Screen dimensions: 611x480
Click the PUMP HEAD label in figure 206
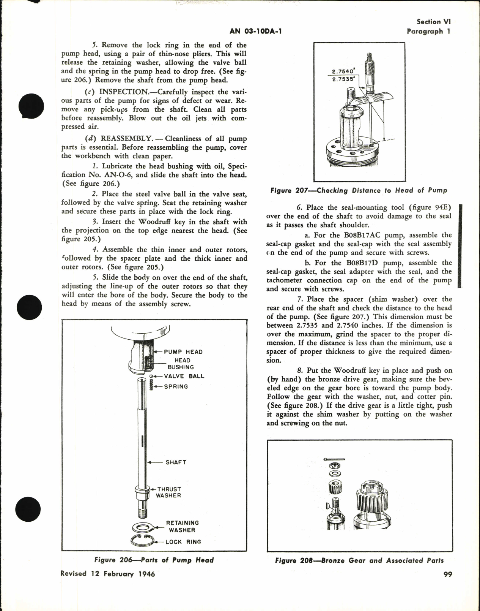pyautogui.click(x=183, y=352)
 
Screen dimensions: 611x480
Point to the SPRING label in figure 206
pyautogui.click(x=176, y=386)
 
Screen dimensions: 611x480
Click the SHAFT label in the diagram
pyautogui.click(x=176, y=462)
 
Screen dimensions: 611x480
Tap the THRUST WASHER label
pyautogui.click(x=168, y=492)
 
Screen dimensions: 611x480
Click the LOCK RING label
pyautogui.click(x=183, y=542)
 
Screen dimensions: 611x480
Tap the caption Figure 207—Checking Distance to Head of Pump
pyautogui.click(x=359, y=190)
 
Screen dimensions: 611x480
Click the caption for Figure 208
pyautogui.click(x=359, y=560)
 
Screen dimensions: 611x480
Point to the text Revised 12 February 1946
pyautogui.click(x=107, y=574)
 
